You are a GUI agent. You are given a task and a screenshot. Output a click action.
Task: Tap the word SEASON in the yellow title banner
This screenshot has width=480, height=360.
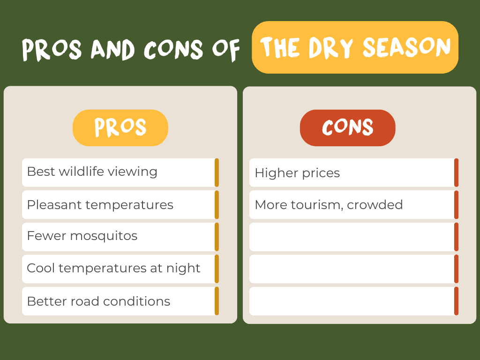click(x=407, y=47)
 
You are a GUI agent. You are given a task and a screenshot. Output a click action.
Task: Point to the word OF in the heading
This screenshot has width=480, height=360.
click(x=226, y=50)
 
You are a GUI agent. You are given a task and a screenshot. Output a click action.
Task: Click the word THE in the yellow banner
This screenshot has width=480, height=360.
click(x=280, y=47)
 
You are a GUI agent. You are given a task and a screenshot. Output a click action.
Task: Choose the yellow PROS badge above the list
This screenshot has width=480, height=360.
click(x=120, y=127)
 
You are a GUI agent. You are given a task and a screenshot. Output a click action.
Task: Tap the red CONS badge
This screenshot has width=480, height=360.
click(x=347, y=127)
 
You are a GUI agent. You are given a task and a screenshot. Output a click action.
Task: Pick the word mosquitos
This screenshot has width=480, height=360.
click(x=104, y=236)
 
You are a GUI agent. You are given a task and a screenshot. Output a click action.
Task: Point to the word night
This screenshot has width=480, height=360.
click(x=183, y=268)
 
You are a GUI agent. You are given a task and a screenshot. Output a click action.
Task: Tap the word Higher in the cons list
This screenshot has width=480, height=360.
click(x=277, y=173)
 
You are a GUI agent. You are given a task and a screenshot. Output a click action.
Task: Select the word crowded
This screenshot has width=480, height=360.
click(x=375, y=205)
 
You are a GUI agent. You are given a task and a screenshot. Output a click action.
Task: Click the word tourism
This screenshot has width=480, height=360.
click(x=317, y=205)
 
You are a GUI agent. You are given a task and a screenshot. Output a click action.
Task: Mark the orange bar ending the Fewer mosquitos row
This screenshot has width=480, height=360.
click(x=217, y=237)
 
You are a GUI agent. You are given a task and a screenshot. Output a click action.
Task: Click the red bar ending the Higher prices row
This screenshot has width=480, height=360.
click(x=457, y=172)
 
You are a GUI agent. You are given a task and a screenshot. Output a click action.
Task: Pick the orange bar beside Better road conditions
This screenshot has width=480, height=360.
click(x=217, y=301)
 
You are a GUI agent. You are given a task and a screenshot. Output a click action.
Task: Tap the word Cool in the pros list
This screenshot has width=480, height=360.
click(x=41, y=268)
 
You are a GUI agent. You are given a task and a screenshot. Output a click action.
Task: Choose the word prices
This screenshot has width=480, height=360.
click(x=321, y=173)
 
